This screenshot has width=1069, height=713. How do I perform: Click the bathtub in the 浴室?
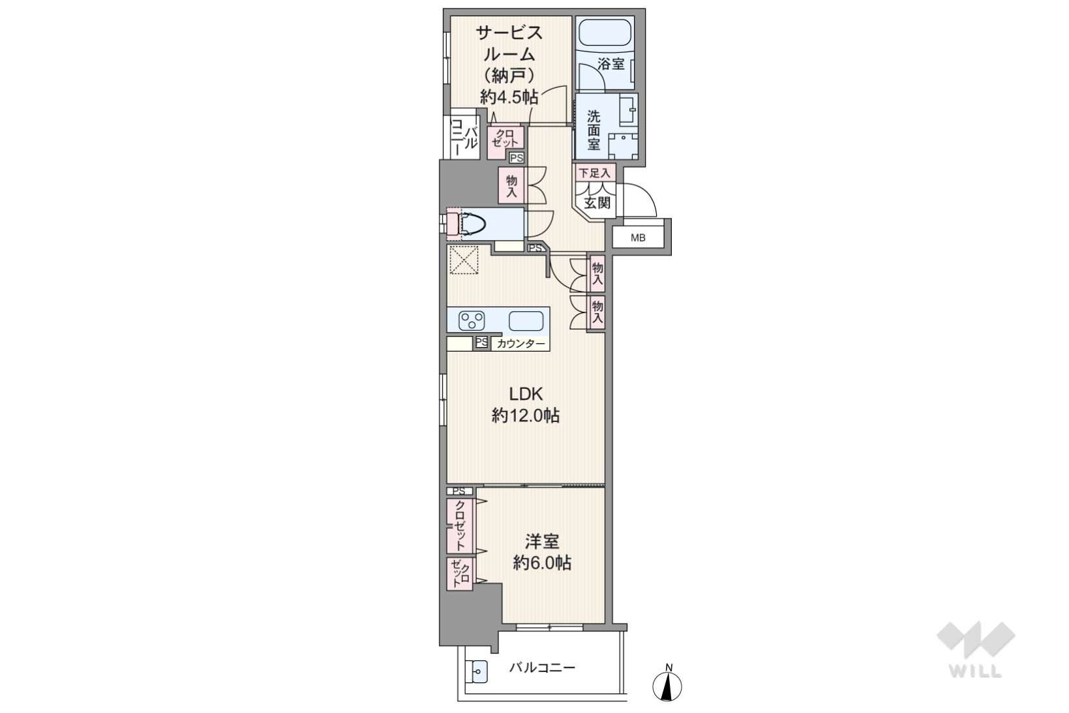(x=604, y=33)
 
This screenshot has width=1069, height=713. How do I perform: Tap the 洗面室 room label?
(x=593, y=130)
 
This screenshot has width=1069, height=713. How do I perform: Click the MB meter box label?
(x=638, y=237)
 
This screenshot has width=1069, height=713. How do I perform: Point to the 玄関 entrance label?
(x=597, y=203)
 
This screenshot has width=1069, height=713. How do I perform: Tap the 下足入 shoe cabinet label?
(x=594, y=173)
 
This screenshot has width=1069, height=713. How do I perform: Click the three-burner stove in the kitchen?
(x=472, y=321)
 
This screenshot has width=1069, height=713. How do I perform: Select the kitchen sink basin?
(x=526, y=321)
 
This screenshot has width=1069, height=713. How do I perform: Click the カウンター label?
(x=520, y=344)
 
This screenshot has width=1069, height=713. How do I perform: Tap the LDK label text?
(x=526, y=394)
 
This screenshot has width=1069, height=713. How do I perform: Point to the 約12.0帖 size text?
(x=526, y=416)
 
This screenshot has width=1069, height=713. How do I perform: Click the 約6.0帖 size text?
(x=542, y=564)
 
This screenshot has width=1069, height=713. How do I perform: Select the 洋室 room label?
(x=542, y=541)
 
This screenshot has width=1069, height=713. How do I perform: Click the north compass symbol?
(x=667, y=683)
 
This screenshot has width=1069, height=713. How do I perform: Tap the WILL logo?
(x=976, y=649)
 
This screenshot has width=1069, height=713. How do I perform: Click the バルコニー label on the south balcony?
(x=542, y=667)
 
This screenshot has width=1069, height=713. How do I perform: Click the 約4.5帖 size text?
(x=509, y=97)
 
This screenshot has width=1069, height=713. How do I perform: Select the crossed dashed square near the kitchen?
(x=464, y=260)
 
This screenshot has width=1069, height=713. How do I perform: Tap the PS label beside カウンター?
(x=481, y=342)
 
